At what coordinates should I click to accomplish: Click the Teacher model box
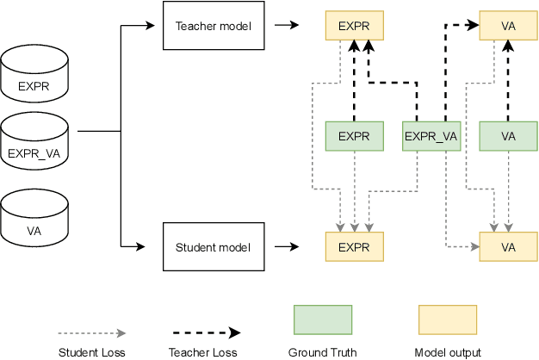[x=213, y=26]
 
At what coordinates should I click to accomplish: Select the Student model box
[x=213, y=248]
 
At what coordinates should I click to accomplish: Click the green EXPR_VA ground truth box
[x=431, y=136]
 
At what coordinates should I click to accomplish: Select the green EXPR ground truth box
[x=353, y=136]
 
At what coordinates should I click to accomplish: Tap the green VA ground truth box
[x=508, y=136]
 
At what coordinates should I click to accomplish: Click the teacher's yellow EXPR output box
[x=353, y=26]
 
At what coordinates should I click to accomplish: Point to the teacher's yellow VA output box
[x=508, y=26]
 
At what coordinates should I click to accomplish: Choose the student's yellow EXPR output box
[x=353, y=248]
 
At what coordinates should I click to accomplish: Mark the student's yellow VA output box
[x=508, y=248]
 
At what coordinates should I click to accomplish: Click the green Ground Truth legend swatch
[x=323, y=319]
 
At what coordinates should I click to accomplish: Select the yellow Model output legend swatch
[x=447, y=319]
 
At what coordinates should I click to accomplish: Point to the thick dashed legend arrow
[x=203, y=332]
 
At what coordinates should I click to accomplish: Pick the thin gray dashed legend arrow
[x=92, y=332]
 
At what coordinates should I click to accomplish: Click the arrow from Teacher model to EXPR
[x=288, y=26]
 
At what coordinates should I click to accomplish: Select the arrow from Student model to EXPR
[x=288, y=248]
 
